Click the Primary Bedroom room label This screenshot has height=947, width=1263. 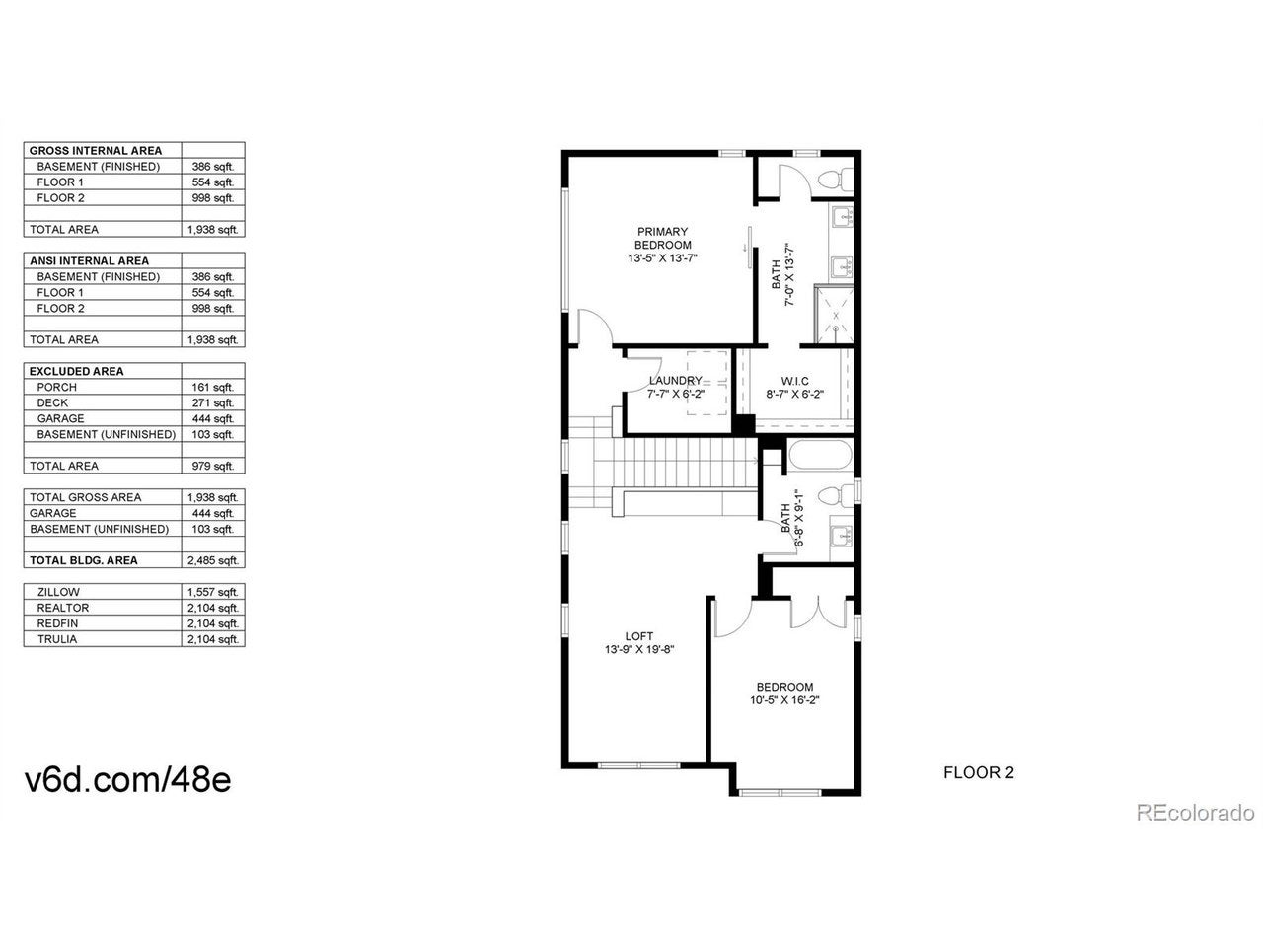pos(662,238)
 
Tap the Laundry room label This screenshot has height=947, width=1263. pos(675,381)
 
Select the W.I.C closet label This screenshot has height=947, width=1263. pos(794,381)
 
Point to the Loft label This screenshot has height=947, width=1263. pos(638,636)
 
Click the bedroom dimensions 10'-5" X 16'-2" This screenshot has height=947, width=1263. pos(784,700)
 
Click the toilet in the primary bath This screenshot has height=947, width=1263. pos(836,179)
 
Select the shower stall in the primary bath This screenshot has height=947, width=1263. pos(834,315)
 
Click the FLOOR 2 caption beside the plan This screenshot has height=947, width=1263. pos(978,772)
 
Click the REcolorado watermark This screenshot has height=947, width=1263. pos(1195,813)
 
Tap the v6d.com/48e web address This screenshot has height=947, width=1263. pos(127,780)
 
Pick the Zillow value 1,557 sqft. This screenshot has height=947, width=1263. pos(213,592)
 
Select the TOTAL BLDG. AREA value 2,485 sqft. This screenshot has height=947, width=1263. pos(213,560)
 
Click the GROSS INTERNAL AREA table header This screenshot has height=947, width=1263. pos(96,151)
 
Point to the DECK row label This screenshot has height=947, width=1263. pos(52,402)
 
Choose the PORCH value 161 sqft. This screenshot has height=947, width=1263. pos(213,387)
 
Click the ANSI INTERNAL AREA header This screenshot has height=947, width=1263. pos(89,261)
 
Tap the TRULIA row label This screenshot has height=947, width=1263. pos(57,639)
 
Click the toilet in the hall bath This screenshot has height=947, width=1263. pos(836,496)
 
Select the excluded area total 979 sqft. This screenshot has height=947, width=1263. pos(213,466)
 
